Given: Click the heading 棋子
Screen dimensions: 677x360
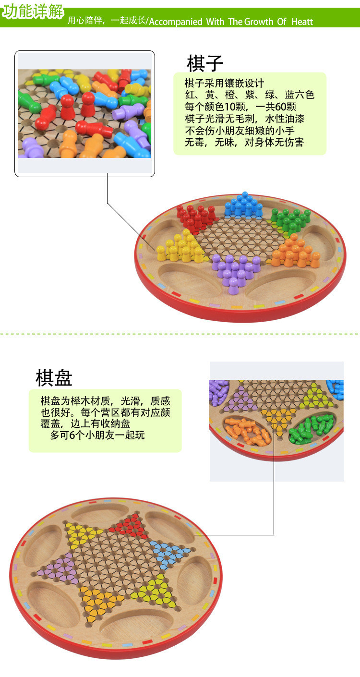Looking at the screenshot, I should (x=205, y=63).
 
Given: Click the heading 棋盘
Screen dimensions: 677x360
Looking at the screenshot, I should (x=54, y=378).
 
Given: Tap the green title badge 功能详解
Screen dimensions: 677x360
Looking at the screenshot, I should (x=32, y=12).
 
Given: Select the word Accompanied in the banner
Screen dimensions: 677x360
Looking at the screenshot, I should (x=176, y=22).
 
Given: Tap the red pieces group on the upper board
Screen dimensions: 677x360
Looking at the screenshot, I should (x=196, y=217).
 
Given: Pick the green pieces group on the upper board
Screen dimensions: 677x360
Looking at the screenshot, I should (x=290, y=220).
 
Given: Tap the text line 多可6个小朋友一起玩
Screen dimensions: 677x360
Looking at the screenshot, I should (x=97, y=435).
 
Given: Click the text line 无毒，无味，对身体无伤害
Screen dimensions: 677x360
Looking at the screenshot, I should (x=244, y=142).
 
